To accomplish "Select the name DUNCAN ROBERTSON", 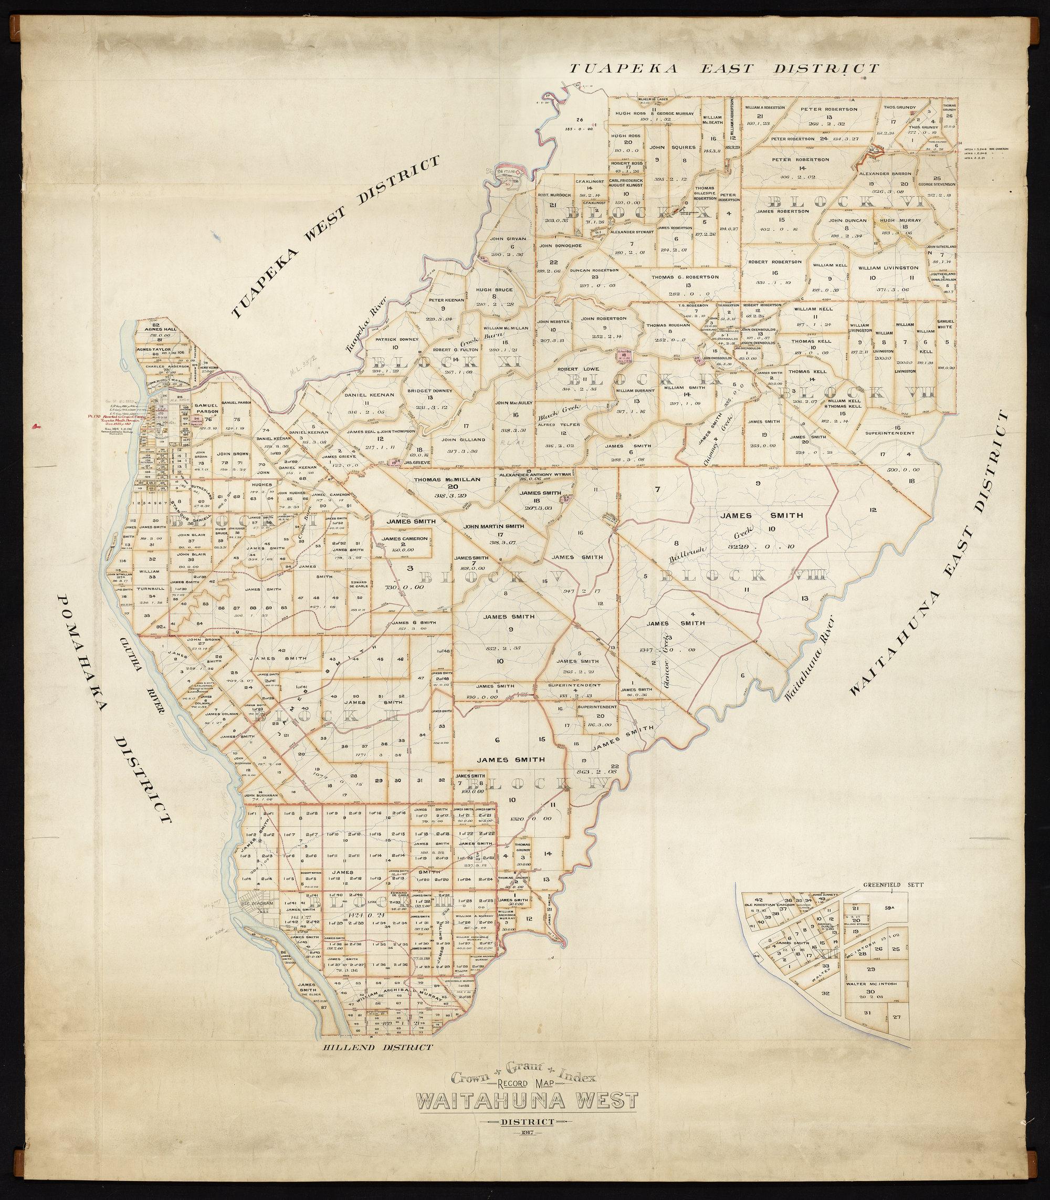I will (x=594, y=270).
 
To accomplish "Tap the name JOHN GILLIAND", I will (x=464, y=439).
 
